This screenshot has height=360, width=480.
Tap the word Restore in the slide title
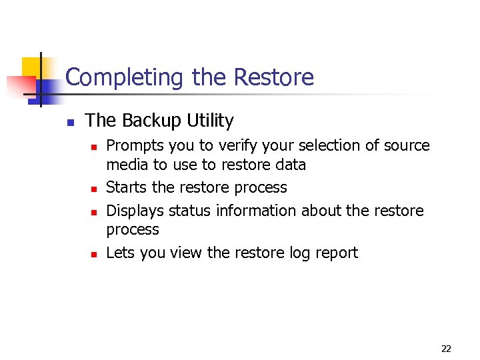[x=273, y=77]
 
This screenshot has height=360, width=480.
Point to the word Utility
[x=210, y=121]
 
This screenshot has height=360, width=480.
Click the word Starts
[x=126, y=187]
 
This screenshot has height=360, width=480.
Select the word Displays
[x=135, y=211]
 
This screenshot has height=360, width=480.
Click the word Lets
[x=119, y=253]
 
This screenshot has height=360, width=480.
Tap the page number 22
[x=446, y=349]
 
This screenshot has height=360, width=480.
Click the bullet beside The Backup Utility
[x=69, y=123]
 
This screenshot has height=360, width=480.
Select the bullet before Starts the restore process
[x=94, y=189]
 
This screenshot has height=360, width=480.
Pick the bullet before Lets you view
[x=94, y=255]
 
